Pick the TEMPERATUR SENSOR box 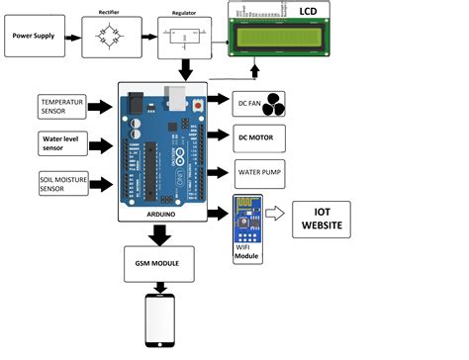(x=61, y=107)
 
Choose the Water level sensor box (x=61, y=145)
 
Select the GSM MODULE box (x=159, y=265)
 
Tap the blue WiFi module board (x=245, y=220)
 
